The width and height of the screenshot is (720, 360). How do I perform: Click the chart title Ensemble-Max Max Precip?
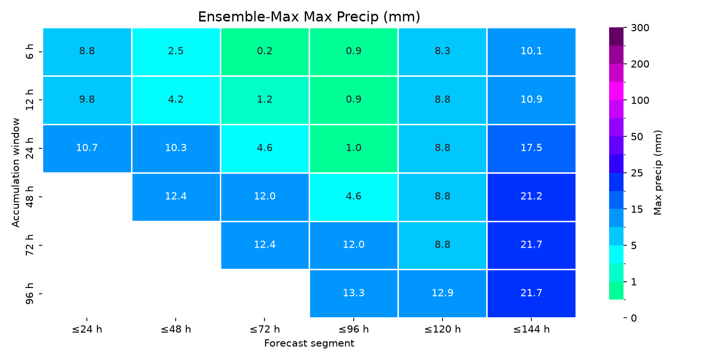tap(309, 17)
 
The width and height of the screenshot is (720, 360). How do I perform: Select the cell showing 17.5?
tap(531, 148)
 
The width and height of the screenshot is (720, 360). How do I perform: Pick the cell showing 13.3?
tap(354, 293)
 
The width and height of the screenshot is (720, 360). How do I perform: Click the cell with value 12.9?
tap(443, 293)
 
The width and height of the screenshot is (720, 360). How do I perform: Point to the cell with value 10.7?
tap(87, 148)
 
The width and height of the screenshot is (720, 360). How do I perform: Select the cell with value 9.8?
tap(87, 100)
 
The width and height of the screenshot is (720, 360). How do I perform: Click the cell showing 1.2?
tap(265, 100)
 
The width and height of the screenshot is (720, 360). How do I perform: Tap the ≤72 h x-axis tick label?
tap(265, 329)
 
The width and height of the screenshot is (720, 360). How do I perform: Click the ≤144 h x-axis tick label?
tap(531, 329)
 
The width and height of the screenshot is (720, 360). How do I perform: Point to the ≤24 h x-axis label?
tap(87, 329)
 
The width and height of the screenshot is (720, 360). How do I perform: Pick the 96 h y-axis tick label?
tap(29, 293)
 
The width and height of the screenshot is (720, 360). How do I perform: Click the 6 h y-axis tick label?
tap(29, 52)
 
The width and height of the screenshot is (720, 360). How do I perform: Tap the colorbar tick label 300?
tap(640, 28)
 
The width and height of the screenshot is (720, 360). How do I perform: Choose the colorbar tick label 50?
tap(637, 137)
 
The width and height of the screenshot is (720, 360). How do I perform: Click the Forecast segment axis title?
tap(309, 343)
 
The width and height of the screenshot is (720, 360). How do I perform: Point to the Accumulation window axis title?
tap(16, 173)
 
